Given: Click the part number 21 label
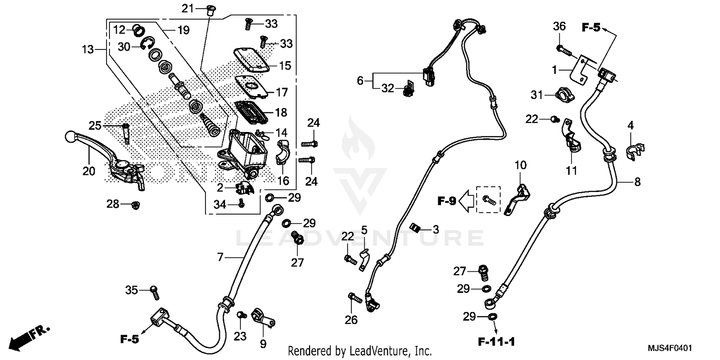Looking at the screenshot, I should [x=187, y=8].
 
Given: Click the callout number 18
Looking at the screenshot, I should [x=281, y=113].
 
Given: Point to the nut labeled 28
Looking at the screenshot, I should [x=136, y=205].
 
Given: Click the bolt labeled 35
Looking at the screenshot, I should [x=155, y=290].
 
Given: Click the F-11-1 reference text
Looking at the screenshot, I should [x=496, y=342].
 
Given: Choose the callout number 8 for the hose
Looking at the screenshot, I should [x=637, y=181].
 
